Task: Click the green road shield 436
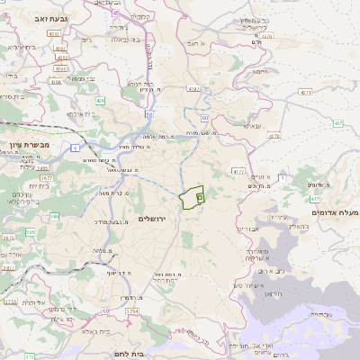coord(101,100)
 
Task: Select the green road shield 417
coord(313,199)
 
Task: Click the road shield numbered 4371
coord(306,92)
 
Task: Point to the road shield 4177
coord(238,170)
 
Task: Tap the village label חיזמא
coord(262,71)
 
